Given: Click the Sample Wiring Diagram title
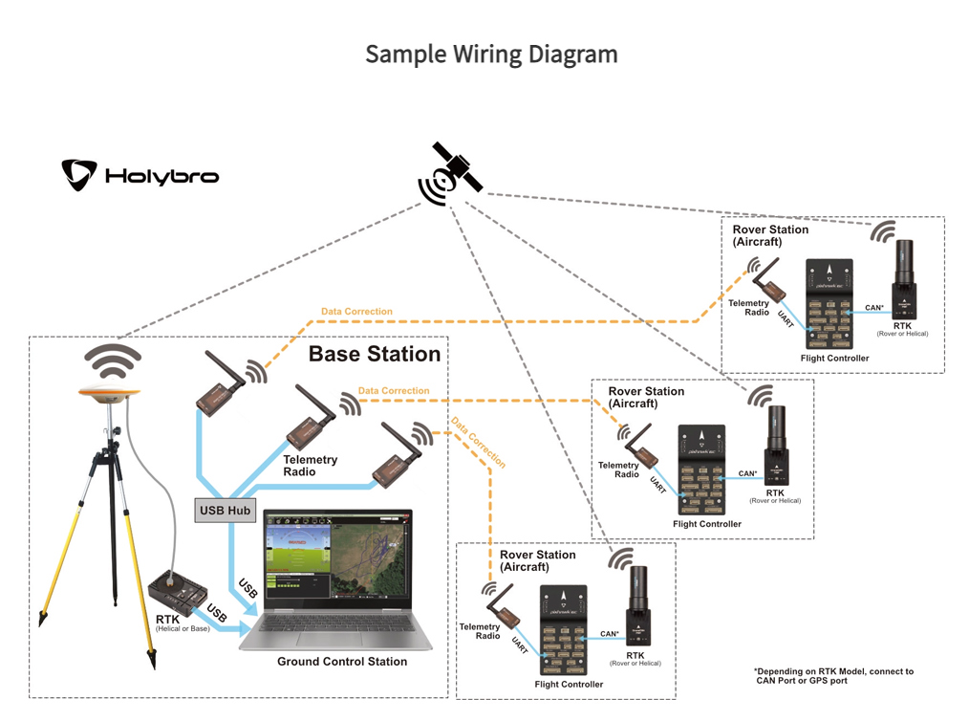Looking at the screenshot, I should pos(491,54).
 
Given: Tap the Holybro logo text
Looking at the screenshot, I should pos(161,176).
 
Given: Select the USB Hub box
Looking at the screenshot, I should pos(226,511).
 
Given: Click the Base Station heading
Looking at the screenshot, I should pos(374,355).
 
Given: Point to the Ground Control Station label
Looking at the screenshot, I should pos(342,662).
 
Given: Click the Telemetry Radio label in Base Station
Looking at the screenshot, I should pos(312,466).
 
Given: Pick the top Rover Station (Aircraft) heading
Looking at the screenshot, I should pos(770,235).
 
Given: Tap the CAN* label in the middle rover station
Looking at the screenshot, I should pos(747,472).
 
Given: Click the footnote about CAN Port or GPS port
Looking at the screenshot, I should pos(832,676).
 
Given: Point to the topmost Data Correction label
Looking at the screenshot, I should pos(356,312).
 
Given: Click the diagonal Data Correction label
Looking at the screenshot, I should pos(478,443).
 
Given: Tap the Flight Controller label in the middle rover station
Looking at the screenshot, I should pos(707,524).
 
